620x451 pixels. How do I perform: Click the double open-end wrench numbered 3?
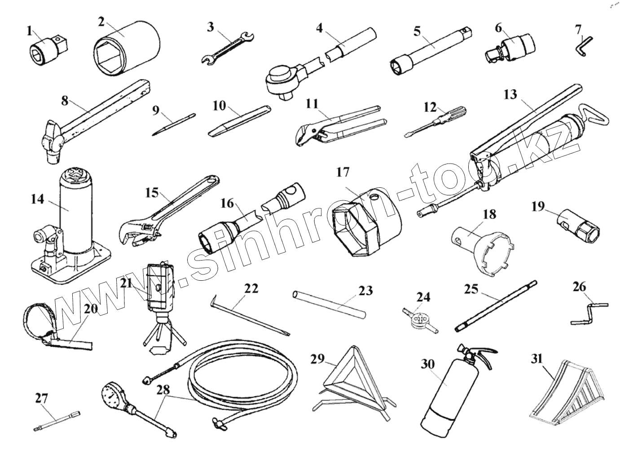coord(229,47)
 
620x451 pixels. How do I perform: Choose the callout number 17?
coord(343,172)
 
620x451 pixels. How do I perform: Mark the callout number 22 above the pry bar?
coord(251,288)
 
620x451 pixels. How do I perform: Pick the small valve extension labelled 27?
coord(57,420)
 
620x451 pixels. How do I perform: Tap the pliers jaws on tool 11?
coord(308,133)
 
